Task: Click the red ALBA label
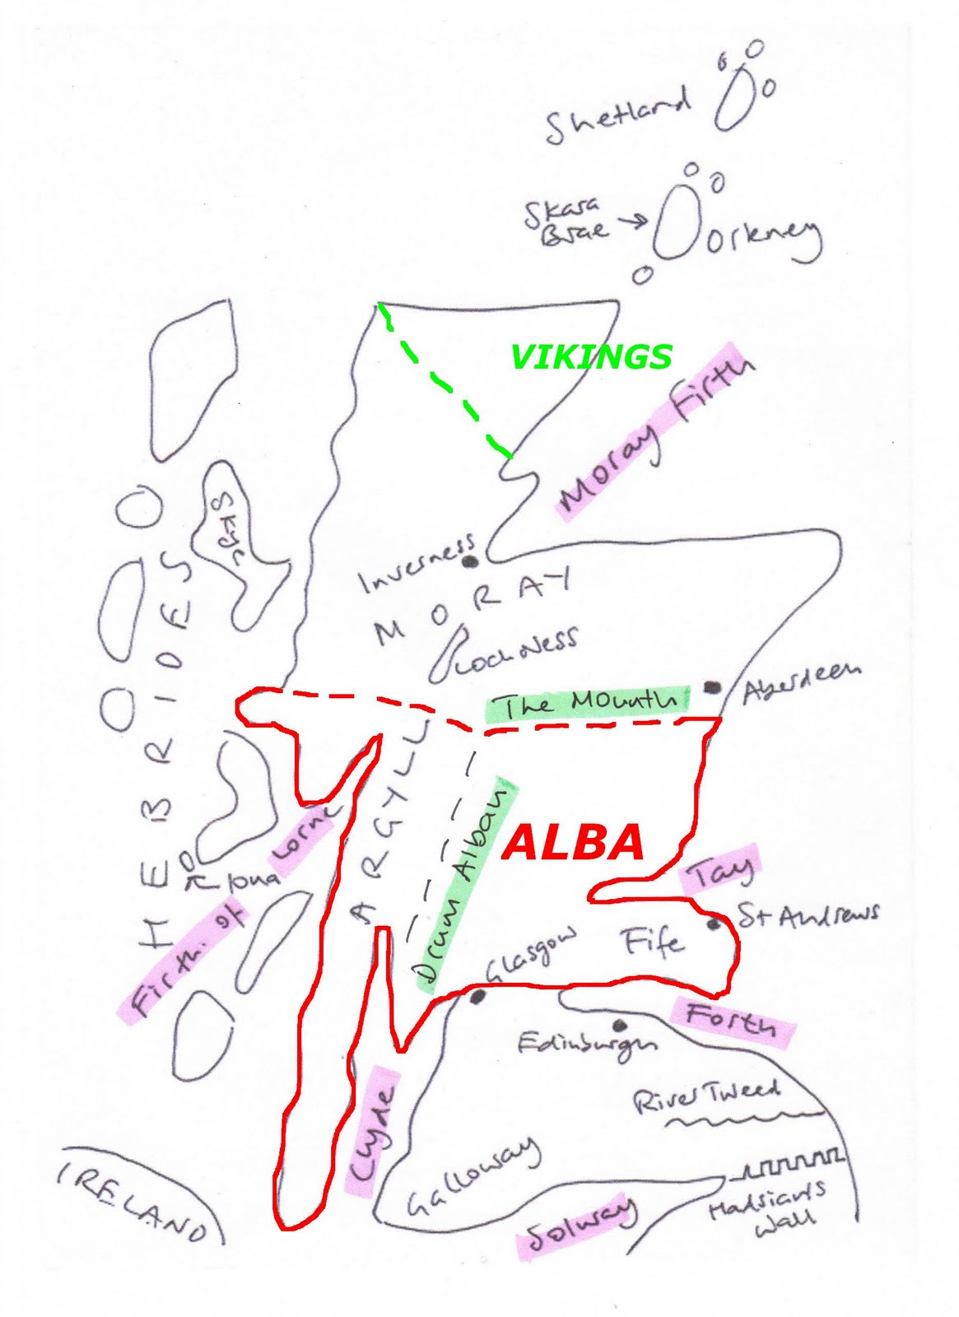point(573,842)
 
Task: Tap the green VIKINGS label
point(591,356)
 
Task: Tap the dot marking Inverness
point(471,563)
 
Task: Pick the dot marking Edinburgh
point(620,1025)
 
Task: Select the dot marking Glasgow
point(477,997)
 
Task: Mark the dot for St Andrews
point(714,925)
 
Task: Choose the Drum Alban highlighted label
point(467,885)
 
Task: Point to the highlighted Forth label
point(731,1019)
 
